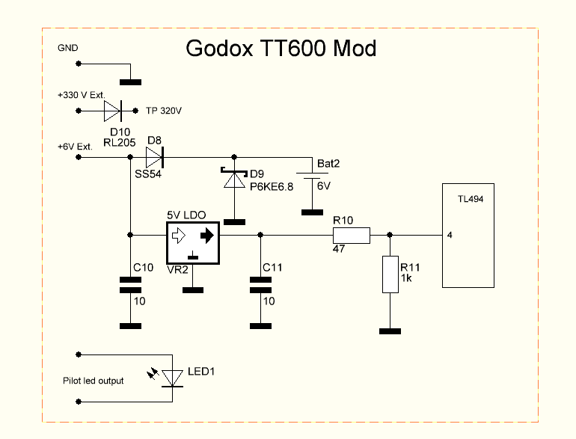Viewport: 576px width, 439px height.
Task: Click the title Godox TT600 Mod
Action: click(281, 49)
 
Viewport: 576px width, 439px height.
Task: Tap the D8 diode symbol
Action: click(154, 157)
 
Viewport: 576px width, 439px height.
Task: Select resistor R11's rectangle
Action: click(390, 274)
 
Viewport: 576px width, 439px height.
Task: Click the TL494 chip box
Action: click(468, 235)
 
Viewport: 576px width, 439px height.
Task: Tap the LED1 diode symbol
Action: click(174, 378)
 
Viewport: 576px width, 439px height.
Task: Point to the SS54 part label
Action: click(148, 174)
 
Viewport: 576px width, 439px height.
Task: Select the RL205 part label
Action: click(119, 141)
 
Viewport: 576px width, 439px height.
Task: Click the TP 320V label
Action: click(164, 111)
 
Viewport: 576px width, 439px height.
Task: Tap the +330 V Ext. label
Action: click(79, 96)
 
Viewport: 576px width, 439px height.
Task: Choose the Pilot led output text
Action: click(94, 381)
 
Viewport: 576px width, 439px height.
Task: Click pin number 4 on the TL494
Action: click(449, 235)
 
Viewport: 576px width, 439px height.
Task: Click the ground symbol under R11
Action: click(390, 331)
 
